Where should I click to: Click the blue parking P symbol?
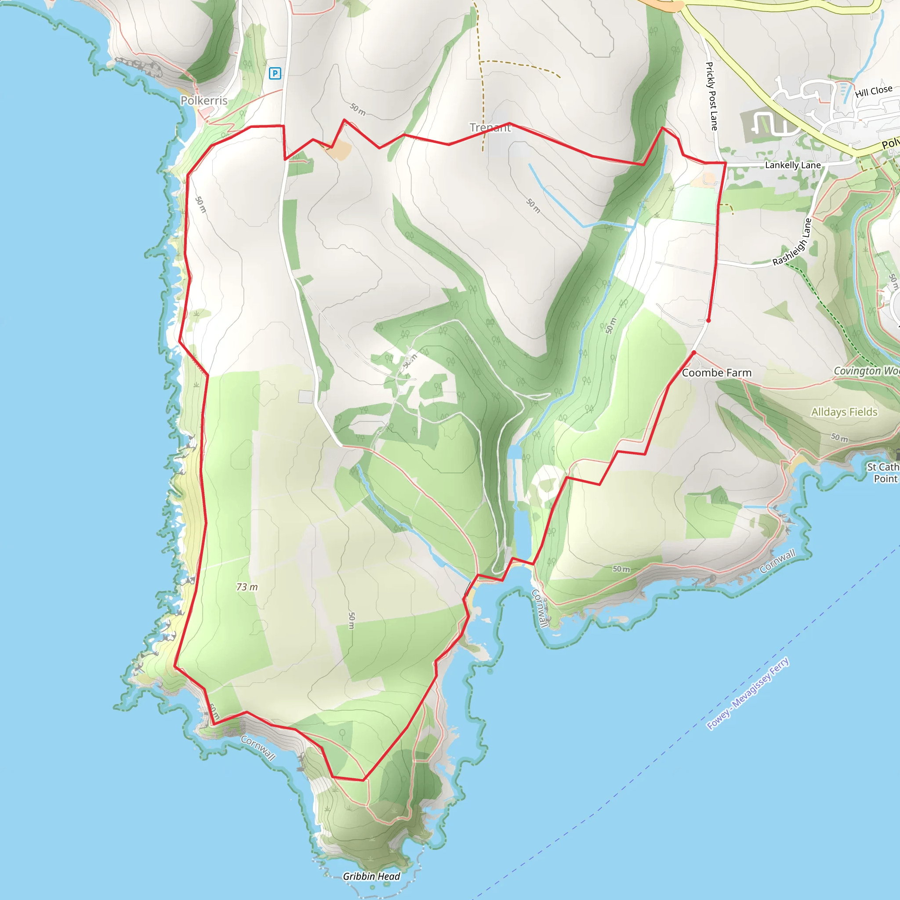[x=275, y=73]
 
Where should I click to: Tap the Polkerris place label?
[x=204, y=101]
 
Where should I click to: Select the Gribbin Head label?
[x=371, y=876]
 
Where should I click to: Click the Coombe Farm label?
[x=716, y=373]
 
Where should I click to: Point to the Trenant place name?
[x=490, y=127]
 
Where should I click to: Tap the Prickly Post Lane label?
[x=711, y=96]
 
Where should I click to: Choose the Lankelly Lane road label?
[x=793, y=165]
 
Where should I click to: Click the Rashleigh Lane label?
[x=792, y=242]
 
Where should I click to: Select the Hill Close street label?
[x=874, y=91]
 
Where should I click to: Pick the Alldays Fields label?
[x=844, y=412]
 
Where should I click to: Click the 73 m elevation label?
[x=247, y=587]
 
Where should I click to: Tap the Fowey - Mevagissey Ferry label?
[x=748, y=693]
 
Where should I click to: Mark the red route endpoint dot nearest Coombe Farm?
[x=693, y=352]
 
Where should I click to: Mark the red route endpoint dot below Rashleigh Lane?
[x=708, y=320]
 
